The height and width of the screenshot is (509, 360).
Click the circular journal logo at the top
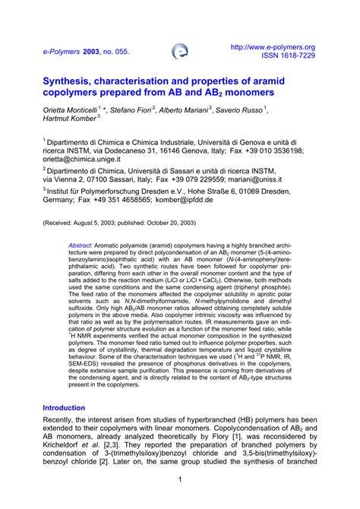point(181,51)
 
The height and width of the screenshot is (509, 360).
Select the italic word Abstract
point(81,246)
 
